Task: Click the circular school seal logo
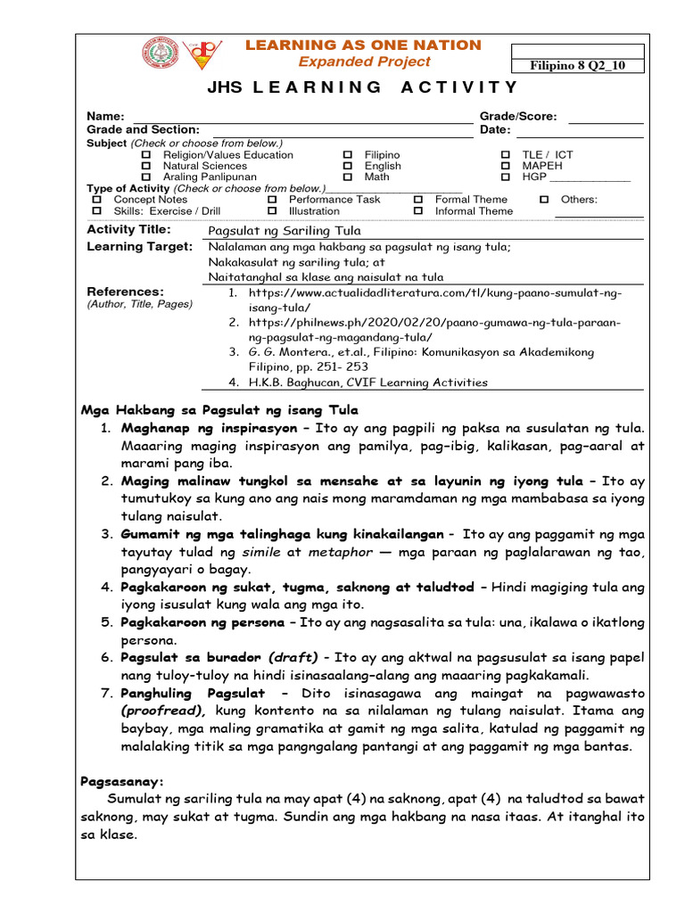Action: tap(161, 53)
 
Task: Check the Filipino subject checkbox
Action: tap(348, 155)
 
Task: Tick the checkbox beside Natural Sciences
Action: tap(147, 166)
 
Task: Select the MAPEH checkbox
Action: tap(506, 166)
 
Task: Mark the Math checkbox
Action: tap(348, 177)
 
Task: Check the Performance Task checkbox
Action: tap(272, 200)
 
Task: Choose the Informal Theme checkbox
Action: tap(418, 211)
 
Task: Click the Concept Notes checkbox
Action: tap(97, 200)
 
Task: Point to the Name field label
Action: tap(103, 117)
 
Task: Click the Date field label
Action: tap(495, 130)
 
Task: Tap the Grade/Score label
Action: tap(518, 117)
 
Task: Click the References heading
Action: tap(126, 292)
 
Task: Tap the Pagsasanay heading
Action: tap(122, 781)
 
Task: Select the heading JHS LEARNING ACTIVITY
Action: tap(362, 87)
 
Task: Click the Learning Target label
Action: tap(139, 247)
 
